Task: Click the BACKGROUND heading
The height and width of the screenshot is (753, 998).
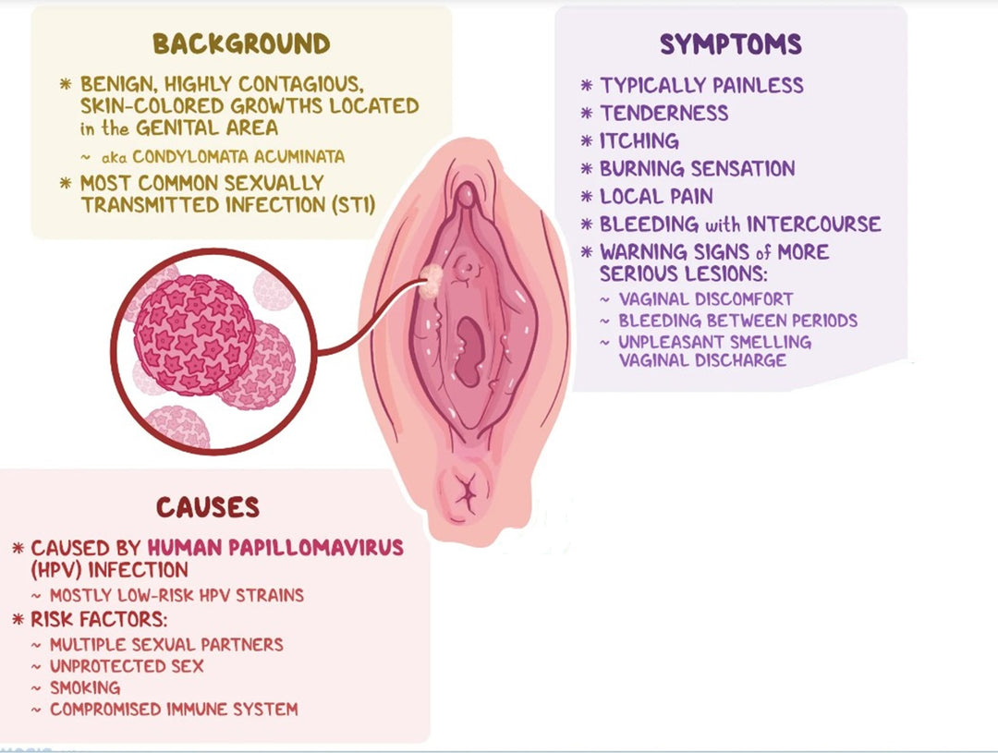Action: (241, 43)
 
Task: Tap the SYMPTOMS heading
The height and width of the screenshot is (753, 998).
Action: (730, 43)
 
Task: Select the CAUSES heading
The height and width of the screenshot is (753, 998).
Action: (207, 507)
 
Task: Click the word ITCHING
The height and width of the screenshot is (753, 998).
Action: (639, 141)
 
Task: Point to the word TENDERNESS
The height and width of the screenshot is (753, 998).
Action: (663, 114)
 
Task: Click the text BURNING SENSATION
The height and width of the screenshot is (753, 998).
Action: (697, 169)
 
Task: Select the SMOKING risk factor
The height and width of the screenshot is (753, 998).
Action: (85, 688)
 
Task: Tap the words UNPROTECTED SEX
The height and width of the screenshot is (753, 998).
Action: (127, 666)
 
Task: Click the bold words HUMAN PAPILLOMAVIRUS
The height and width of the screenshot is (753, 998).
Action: (279, 548)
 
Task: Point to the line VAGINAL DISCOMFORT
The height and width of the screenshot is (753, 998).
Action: (706, 299)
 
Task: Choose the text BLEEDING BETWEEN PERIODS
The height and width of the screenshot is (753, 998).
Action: (737, 321)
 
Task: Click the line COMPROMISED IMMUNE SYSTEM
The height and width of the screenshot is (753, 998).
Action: (174, 710)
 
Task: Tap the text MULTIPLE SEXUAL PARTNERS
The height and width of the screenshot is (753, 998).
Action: (166, 644)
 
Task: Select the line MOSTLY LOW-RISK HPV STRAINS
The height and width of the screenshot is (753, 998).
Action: (176, 595)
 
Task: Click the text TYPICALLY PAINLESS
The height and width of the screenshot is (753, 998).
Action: (701, 86)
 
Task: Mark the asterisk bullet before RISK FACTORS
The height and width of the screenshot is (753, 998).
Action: (18, 619)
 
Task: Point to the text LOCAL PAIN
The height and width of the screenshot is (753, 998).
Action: (656, 197)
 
